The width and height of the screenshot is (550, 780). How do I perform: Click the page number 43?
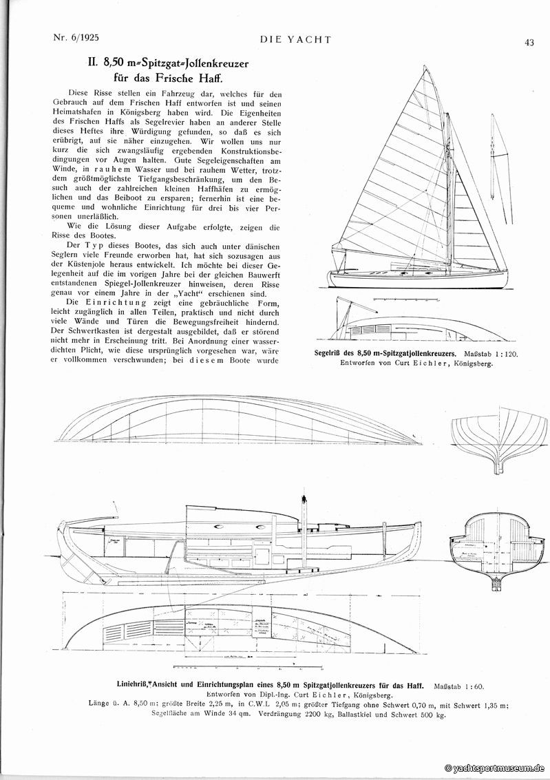(x=529, y=42)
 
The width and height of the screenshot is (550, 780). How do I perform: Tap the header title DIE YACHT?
(x=295, y=39)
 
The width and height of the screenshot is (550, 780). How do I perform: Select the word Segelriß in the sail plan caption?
(x=328, y=352)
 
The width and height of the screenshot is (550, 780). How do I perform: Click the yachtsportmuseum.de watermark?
(x=494, y=768)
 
